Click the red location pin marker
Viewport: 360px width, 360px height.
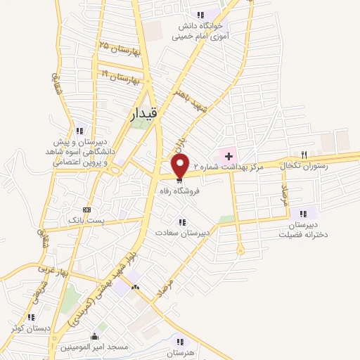[181, 166]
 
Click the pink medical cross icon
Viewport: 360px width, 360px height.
[228, 155]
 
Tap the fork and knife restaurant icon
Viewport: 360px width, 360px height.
[304, 154]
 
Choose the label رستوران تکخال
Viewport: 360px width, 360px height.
[301, 165]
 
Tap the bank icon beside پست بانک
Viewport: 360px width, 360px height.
[86, 210]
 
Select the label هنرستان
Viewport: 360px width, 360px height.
[180, 351]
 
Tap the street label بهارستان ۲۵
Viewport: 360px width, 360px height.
[120, 50]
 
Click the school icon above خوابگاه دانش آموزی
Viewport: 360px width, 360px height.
[201, 15]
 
